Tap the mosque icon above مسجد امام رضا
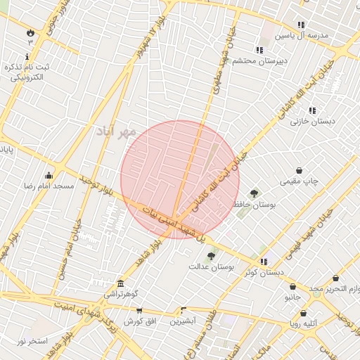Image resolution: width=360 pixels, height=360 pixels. [x=49, y=175]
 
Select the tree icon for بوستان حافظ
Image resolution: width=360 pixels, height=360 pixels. [x=254, y=193]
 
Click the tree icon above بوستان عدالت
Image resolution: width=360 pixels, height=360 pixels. [x=212, y=256]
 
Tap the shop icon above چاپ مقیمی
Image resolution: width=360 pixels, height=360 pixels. [x=300, y=170]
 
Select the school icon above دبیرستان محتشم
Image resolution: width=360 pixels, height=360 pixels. [x=259, y=50]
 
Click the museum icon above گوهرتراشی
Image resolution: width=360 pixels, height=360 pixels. [x=121, y=283]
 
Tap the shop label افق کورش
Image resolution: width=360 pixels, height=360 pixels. [x=139, y=321]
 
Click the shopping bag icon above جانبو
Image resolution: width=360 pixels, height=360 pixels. [x=292, y=287]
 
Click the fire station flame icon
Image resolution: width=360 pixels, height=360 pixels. [x=30, y=32]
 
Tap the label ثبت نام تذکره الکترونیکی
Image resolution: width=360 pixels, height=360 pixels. [x=27, y=72]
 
